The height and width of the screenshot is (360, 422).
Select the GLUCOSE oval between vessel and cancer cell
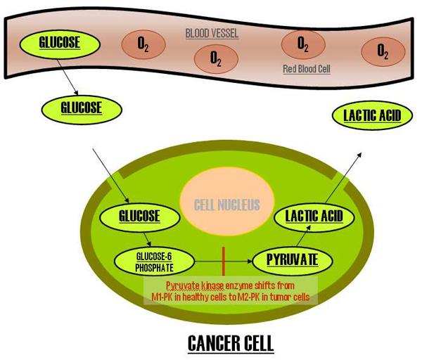click(x=72, y=108)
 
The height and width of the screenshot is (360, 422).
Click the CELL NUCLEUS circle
click(x=223, y=205)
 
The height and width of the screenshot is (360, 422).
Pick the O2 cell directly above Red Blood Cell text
click(x=303, y=44)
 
